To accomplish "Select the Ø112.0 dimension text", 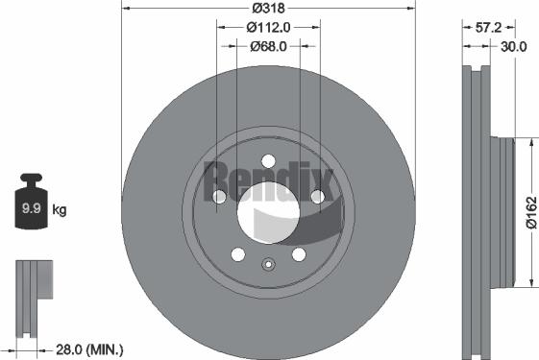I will pos(268,27).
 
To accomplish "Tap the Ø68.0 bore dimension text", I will pos(269,46).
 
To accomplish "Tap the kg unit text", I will pos(60,208).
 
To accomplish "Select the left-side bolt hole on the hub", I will pos(220,196).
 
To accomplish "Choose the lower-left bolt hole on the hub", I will pos(238,253).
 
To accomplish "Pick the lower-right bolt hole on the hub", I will pos(299,253).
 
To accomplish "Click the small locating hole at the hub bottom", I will pos(269,266).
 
